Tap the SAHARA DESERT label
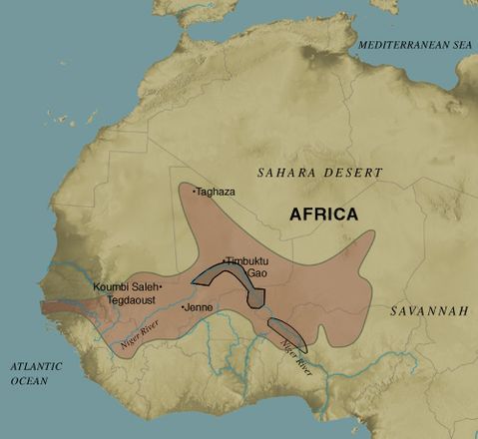click(319, 173)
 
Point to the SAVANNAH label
click(429, 311)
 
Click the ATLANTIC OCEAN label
click(38, 373)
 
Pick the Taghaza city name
click(218, 191)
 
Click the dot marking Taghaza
click(195, 190)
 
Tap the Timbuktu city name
click(248, 260)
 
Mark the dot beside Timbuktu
click(224, 260)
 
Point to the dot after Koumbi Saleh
click(161, 286)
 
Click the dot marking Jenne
click(183, 307)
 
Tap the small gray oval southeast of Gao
click(286, 334)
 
